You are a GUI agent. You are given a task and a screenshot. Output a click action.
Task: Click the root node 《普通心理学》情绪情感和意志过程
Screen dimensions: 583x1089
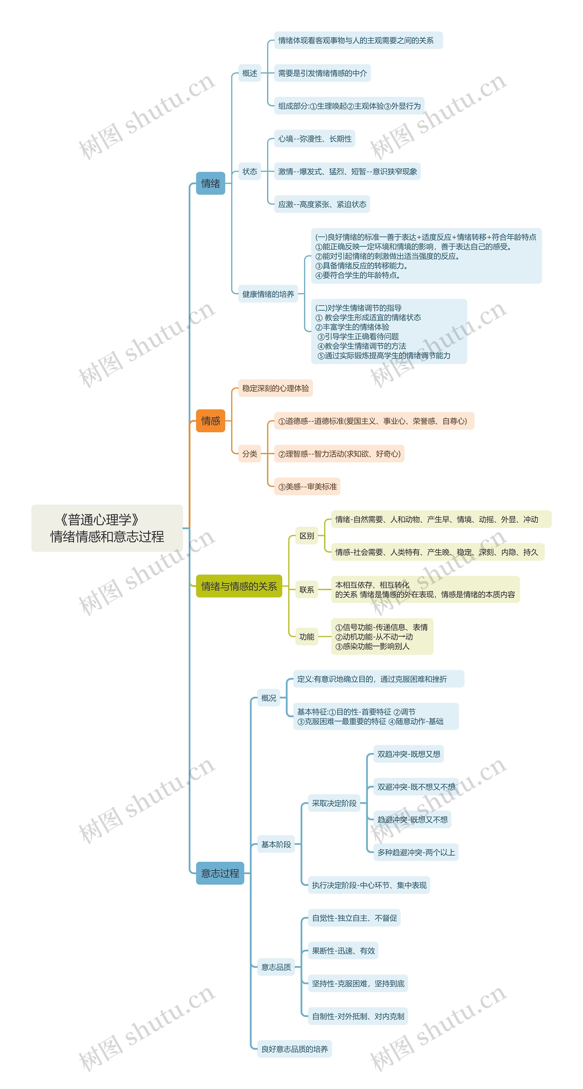coord(107,528)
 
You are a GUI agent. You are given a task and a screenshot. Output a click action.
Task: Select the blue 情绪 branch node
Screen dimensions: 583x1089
coord(210,184)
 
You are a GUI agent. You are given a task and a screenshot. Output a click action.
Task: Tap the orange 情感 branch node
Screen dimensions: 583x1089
coord(210,421)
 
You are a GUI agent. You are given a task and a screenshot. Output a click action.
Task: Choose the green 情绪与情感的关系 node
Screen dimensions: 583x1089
coord(239,586)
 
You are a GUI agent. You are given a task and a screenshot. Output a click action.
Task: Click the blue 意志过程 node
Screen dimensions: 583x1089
coord(220,873)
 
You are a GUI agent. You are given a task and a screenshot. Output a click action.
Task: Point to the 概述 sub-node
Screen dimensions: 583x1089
coord(250,73)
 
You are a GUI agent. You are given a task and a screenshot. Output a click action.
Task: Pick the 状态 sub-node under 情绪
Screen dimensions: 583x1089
coord(250,171)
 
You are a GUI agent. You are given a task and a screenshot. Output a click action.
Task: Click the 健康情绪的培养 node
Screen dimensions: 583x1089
coord(268,294)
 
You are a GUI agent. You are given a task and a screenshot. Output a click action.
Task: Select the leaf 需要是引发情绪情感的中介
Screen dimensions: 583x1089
coord(322,73)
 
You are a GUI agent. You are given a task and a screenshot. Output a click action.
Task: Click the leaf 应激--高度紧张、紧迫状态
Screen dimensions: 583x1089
coord(322,204)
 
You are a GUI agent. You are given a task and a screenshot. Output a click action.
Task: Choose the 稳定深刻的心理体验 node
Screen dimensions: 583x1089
coord(276,388)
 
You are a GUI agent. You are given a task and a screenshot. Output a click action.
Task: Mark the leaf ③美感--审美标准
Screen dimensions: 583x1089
coord(307,486)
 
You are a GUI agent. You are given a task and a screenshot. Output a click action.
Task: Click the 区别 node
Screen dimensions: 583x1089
coord(307,536)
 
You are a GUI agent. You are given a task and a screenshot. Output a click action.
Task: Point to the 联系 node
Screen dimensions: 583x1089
coord(307,589)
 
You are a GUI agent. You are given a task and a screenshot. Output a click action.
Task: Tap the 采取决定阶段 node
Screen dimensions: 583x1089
coord(334,803)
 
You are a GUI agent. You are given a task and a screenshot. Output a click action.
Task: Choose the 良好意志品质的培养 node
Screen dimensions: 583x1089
coord(294,1049)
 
